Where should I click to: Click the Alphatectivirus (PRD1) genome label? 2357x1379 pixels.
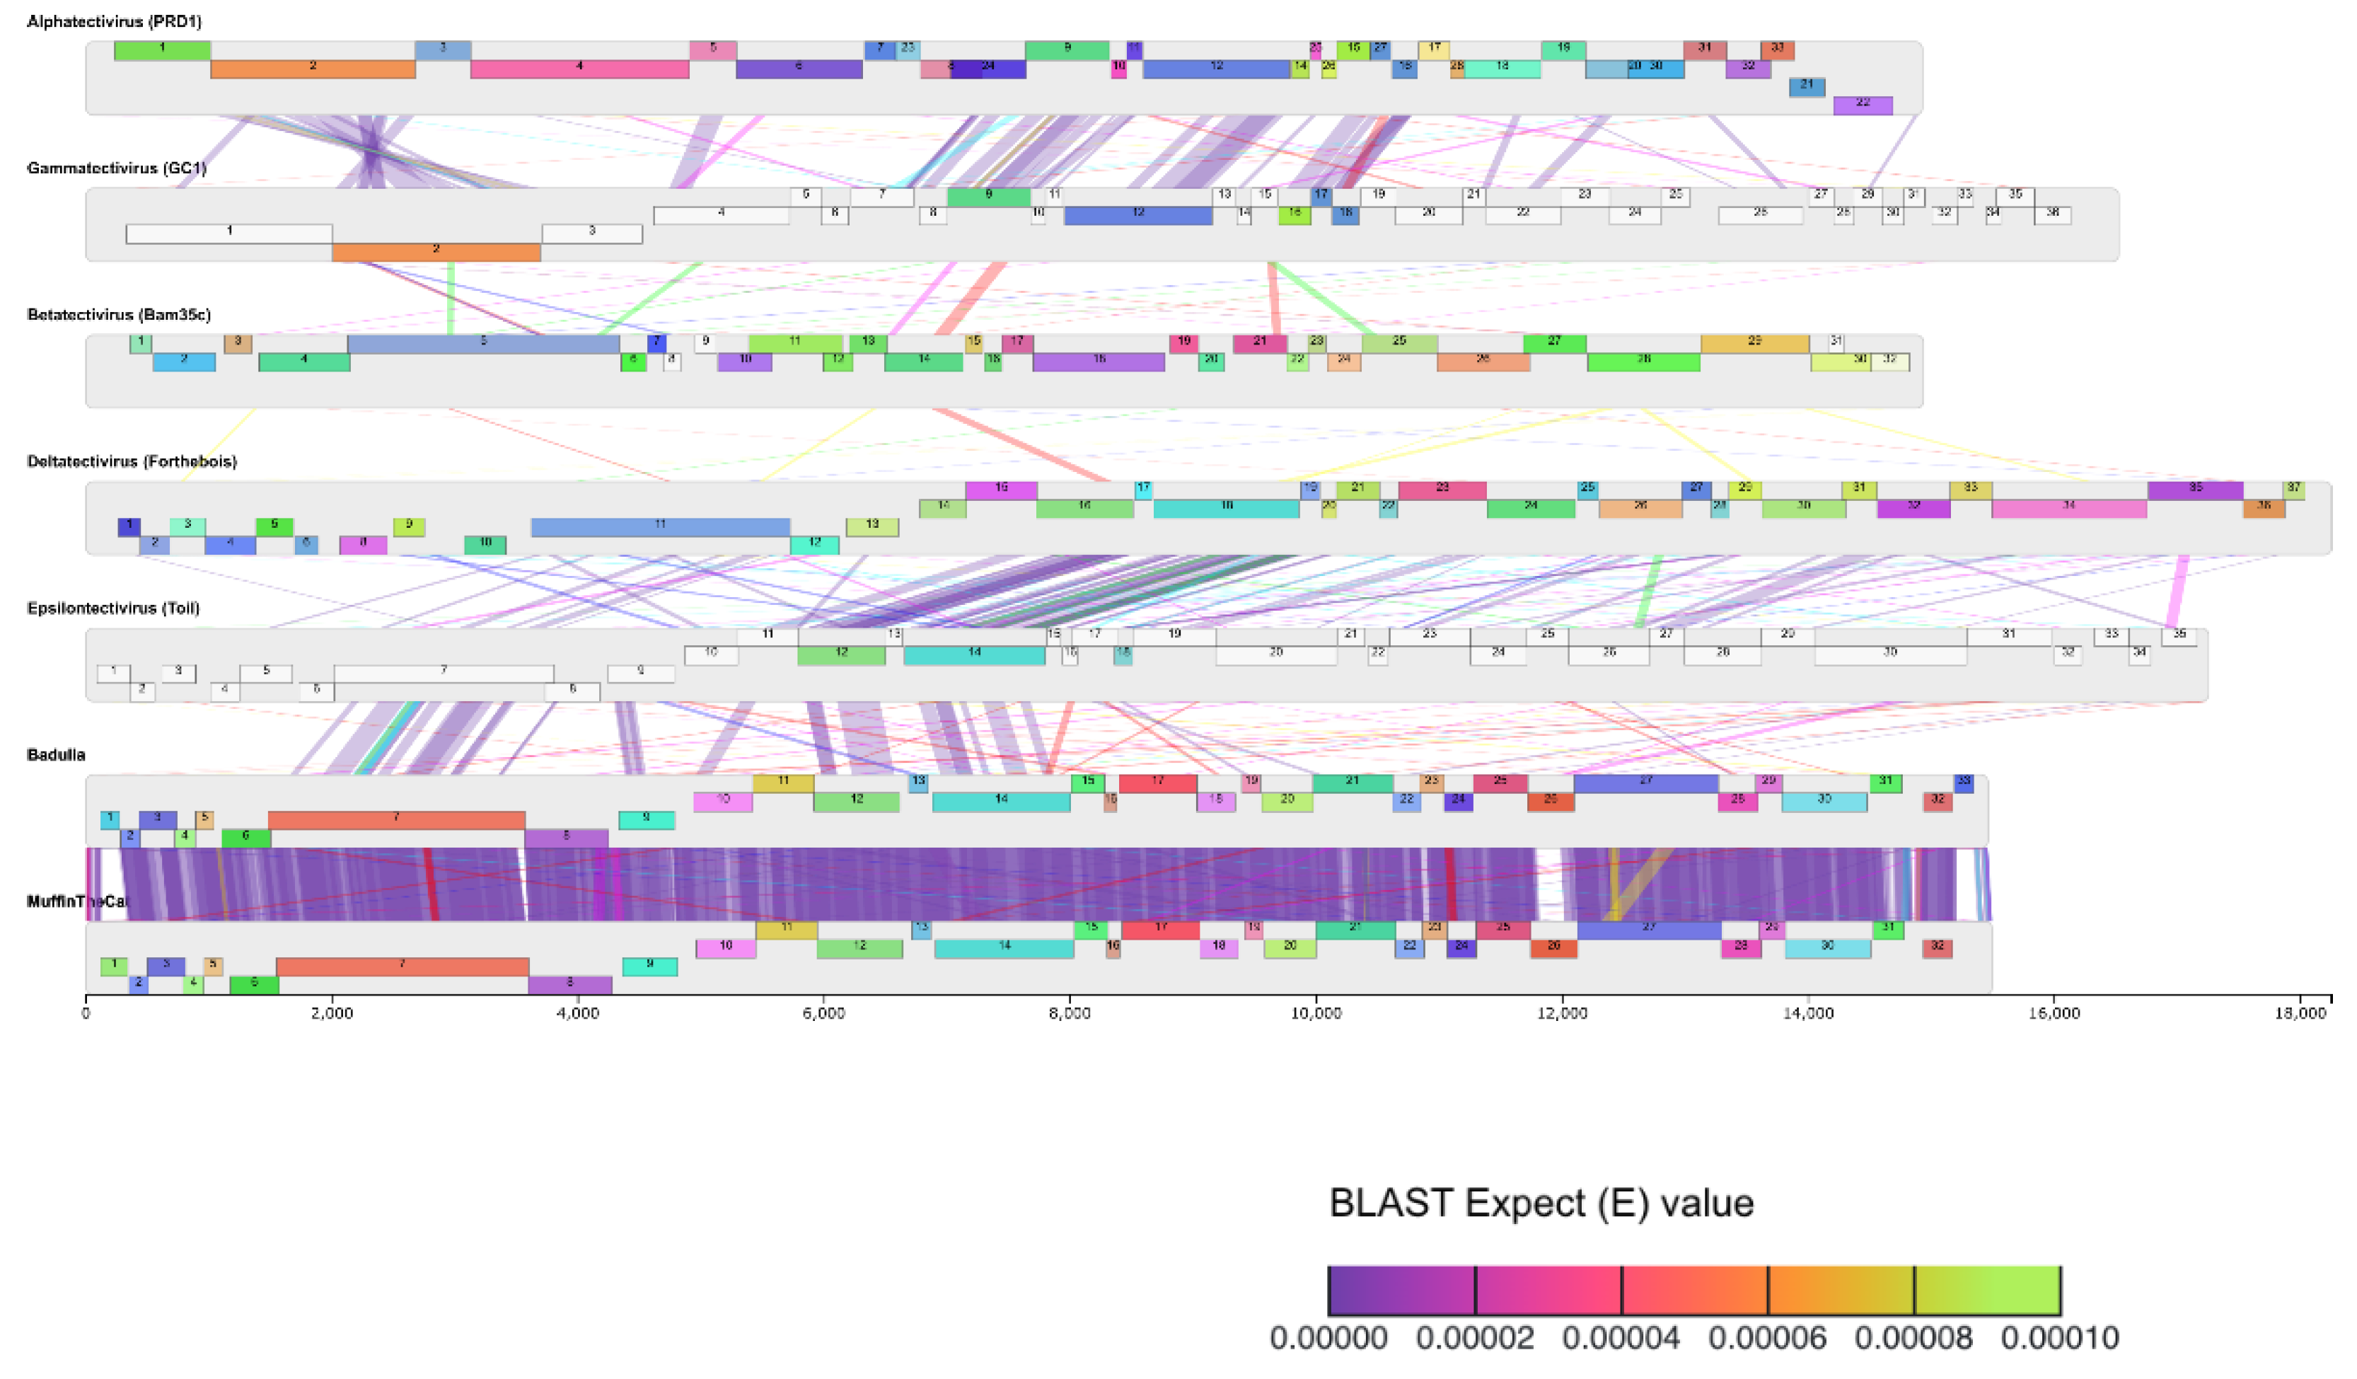(114, 21)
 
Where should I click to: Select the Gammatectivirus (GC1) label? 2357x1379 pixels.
(117, 168)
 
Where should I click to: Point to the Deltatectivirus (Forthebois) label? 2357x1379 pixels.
(132, 461)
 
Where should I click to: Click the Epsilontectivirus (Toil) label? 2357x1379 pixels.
(113, 608)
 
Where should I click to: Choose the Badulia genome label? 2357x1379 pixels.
(56, 755)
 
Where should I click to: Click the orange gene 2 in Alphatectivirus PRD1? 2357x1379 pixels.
(313, 69)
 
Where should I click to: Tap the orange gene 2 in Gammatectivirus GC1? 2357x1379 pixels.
(436, 252)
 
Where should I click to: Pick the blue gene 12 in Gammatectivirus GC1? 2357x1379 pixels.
(1137, 215)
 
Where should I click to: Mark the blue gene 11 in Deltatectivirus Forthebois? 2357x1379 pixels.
(659, 526)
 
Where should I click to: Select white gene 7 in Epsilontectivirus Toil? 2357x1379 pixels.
(444, 673)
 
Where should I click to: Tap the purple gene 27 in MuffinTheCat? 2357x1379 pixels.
(1648, 930)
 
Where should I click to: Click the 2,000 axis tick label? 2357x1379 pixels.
(332, 1013)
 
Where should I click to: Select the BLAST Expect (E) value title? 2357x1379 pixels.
(1541, 1203)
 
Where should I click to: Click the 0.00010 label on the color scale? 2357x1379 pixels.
(2060, 1338)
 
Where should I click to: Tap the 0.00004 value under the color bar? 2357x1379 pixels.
(1621, 1338)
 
